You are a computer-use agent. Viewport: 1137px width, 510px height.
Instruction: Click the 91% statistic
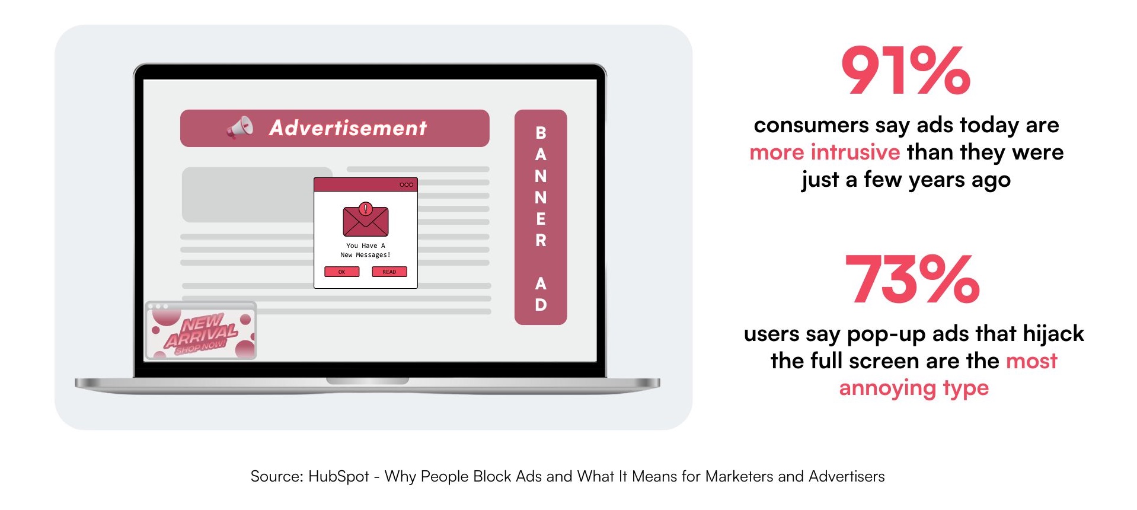[905, 71]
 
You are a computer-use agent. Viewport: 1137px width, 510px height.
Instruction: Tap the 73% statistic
[912, 279]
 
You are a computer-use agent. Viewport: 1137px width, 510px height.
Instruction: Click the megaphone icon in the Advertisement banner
[240, 128]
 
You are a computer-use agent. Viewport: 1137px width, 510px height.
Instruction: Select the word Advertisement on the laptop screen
[348, 128]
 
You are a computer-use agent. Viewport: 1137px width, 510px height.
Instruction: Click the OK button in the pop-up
[341, 272]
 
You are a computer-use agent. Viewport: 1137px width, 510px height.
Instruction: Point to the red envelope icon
[366, 219]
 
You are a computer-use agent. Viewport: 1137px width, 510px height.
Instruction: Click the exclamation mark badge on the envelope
[366, 209]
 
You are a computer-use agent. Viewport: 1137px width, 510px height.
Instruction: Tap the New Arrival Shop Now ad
[201, 330]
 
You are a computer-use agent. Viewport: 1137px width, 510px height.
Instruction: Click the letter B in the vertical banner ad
[541, 133]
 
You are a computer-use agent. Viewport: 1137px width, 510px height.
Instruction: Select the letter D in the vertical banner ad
[541, 305]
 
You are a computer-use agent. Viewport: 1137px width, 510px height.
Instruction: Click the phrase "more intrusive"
[825, 152]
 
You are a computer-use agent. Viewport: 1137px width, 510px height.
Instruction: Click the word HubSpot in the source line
[338, 476]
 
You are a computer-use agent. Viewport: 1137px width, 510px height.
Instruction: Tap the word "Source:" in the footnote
[277, 476]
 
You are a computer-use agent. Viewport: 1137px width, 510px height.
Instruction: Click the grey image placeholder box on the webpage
[257, 195]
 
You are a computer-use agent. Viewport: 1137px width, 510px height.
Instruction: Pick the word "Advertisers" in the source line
[847, 476]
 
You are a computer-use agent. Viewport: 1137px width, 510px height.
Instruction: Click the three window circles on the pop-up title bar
[406, 184]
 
